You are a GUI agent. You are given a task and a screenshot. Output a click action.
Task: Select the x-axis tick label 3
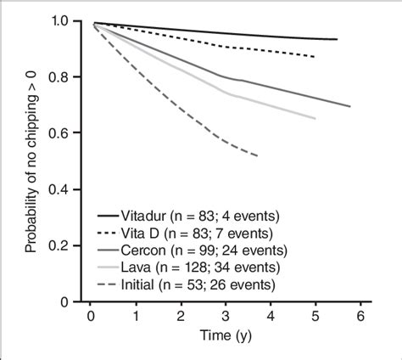point(225,317)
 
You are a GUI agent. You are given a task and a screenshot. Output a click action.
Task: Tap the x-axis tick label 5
point(315,317)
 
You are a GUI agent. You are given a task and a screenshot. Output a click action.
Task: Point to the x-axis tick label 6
point(360,317)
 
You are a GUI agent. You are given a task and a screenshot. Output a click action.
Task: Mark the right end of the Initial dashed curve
point(258,155)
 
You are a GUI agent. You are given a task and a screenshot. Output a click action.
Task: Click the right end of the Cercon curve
point(350,106)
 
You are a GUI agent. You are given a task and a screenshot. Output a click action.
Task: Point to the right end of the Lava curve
point(315,119)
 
